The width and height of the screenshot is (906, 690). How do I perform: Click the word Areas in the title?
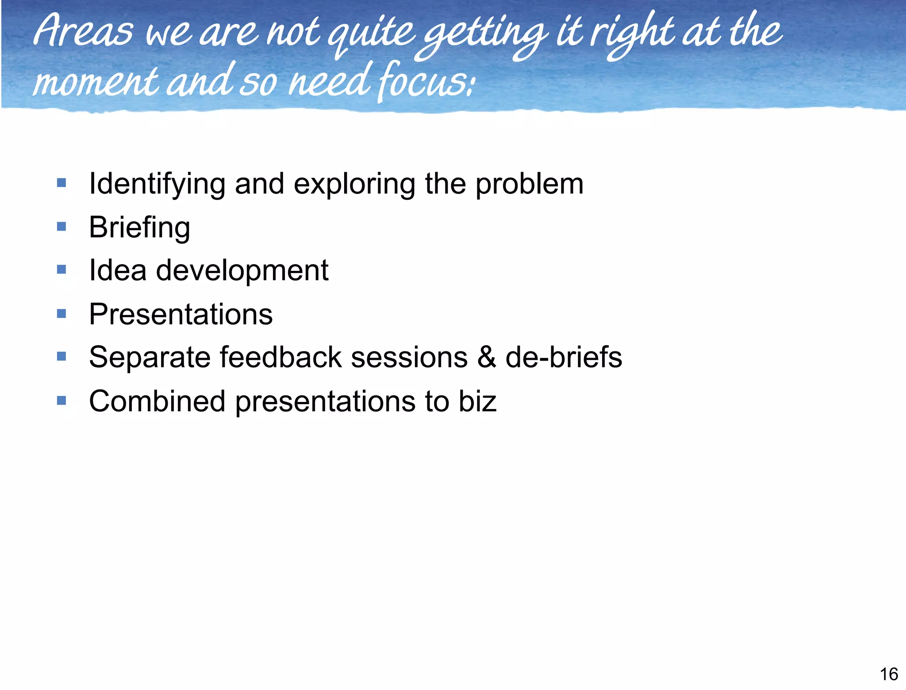83,32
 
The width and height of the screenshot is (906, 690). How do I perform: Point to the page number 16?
888,674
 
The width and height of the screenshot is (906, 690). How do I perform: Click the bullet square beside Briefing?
61,227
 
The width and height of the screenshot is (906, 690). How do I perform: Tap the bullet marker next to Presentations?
61,314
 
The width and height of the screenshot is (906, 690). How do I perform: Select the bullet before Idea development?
61,270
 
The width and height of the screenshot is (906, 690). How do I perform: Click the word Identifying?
157,184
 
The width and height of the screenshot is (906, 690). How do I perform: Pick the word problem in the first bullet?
529,184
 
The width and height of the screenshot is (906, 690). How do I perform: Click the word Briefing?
139,227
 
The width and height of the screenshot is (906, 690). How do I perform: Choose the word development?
242,270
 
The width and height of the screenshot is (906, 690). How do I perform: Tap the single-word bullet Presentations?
180,314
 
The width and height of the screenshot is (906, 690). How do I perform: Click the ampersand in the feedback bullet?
486,357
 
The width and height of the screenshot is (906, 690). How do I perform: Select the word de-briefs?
564,357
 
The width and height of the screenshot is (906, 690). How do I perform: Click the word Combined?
157,401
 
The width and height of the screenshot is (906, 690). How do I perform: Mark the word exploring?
354,184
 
